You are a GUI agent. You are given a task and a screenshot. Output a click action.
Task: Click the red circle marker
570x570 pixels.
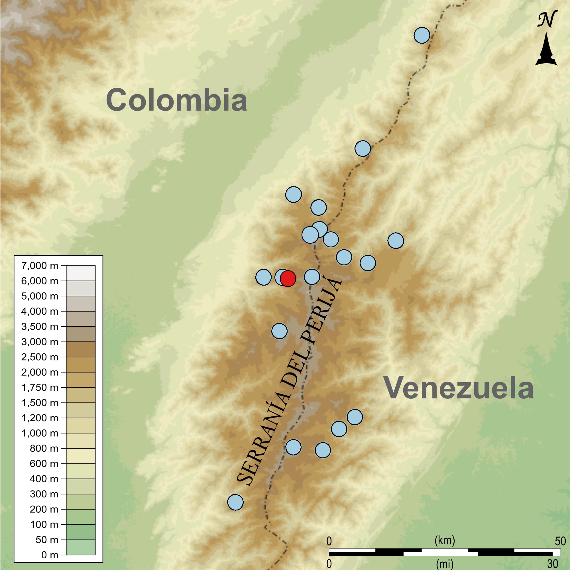pos(288,278)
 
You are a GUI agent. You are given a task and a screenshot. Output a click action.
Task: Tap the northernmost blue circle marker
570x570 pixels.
pos(422,35)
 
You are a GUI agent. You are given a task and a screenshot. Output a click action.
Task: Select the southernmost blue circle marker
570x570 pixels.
pos(235,502)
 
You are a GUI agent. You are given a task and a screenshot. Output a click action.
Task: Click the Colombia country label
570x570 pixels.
pos(176,100)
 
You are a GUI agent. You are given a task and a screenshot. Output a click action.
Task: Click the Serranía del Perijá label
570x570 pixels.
pos(290,380)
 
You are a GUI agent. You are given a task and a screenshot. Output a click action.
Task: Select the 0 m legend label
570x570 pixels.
pos(50,555)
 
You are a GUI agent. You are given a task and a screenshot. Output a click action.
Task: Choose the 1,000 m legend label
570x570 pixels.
pos(40,433)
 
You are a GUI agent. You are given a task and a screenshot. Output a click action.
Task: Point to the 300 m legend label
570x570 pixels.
pos(44,494)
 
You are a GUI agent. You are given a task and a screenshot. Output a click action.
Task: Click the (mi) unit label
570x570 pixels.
pos(445,563)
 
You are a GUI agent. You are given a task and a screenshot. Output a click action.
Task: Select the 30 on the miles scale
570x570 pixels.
pos(553,563)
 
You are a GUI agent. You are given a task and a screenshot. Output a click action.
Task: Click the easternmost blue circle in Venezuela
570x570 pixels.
pos(396,241)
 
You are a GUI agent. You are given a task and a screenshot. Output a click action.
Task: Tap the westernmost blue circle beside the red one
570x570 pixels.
pos(263,277)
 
